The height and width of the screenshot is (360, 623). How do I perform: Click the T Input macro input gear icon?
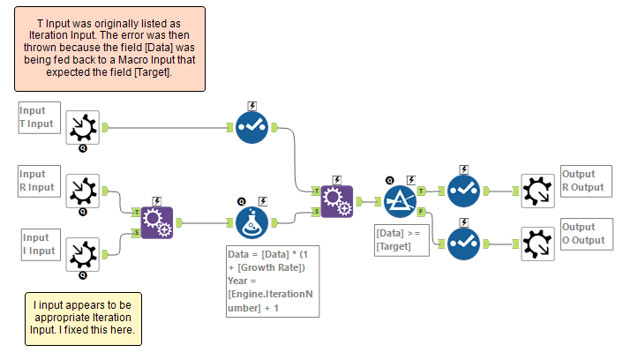[x=83, y=127]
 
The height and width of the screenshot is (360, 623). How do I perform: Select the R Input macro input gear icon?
[x=83, y=190]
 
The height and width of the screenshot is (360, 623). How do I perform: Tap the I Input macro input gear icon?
[x=83, y=254]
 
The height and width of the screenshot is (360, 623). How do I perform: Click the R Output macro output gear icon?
[x=536, y=190]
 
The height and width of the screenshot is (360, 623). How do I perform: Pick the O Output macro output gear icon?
[x=536, y=243]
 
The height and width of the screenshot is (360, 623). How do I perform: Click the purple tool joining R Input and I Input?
[x=157, y=222]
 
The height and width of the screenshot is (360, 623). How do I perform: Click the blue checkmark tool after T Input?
[x=252, y=127]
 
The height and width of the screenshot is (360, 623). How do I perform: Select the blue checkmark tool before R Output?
[x=463, y=190]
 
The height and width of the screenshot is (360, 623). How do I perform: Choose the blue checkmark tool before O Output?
[x=463, y=243]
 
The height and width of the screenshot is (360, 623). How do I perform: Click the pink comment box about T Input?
[x=109, y=49]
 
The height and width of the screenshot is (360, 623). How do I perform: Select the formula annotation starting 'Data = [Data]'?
[x=271, y=281]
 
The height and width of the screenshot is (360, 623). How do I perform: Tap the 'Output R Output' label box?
[x=584, y=181]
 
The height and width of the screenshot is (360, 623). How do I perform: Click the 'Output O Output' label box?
[x=584, y=234]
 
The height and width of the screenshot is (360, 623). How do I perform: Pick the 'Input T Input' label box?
[x=39, y=117]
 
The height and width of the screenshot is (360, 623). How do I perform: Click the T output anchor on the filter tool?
[x=421, y=190]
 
